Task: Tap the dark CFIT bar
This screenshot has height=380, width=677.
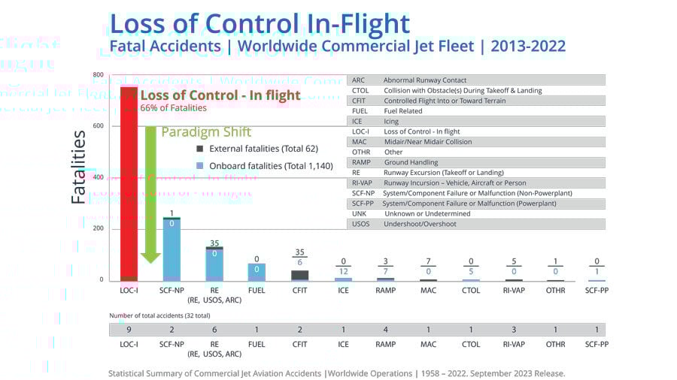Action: tap(299, 275)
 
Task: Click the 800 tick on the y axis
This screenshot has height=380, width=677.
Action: tap(99, 75)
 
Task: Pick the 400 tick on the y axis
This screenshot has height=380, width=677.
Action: tap(99, 177)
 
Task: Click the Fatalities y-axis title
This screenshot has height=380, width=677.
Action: tap(79, 167)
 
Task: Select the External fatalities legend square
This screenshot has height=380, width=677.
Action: tap(199, 149)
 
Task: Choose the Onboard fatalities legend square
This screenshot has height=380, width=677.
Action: tap(199, 165)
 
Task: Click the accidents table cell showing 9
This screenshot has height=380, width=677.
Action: tap(129, 330)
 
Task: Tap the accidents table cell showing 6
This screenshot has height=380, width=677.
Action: tap(214, 330)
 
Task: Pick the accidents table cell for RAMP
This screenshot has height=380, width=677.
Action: tap(385, 330)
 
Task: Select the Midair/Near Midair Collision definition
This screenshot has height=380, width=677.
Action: tap(428, 142)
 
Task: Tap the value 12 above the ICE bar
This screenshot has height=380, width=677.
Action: tap(343, 271)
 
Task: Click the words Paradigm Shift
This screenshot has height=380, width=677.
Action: tap(217, 132)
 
